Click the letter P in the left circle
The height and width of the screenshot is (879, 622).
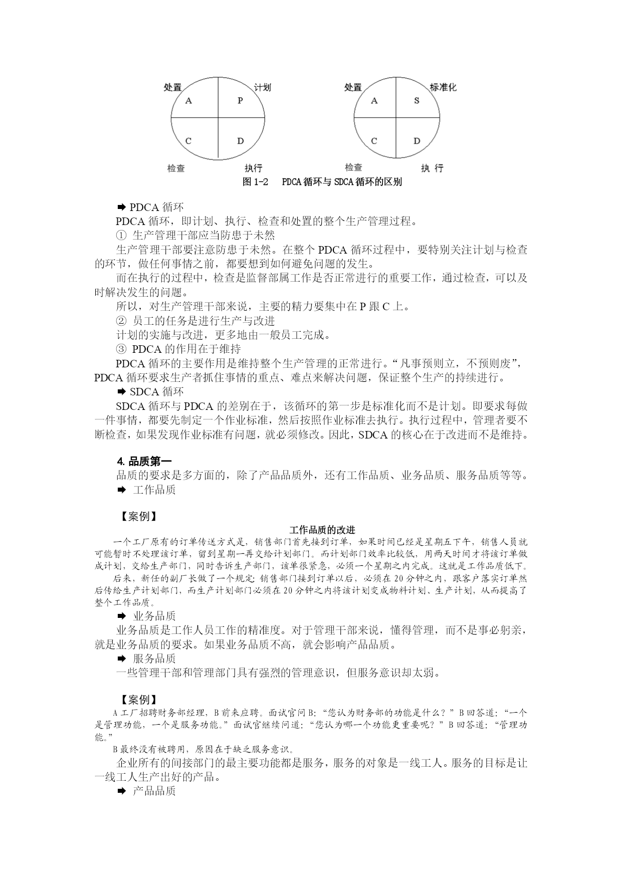click(240, 100)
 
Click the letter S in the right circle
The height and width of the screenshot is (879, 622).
click(417, 100)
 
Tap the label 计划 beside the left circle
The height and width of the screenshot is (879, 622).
click(262, 87)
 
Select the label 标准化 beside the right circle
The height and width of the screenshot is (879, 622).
click(443, 87)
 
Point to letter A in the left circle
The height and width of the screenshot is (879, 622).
click(189, 101)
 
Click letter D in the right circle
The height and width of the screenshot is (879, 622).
click(417, 141)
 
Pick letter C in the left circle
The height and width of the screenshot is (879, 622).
click(188, 141)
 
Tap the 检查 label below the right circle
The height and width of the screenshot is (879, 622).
click(353, 167)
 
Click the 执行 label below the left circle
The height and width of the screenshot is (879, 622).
click(254, 168)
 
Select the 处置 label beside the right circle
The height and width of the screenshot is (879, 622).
click(353, 87)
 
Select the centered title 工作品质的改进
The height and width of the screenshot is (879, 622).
click(323, 530)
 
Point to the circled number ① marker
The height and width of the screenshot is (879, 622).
click(121, 235)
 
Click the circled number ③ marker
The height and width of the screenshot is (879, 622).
click(121, 349)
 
